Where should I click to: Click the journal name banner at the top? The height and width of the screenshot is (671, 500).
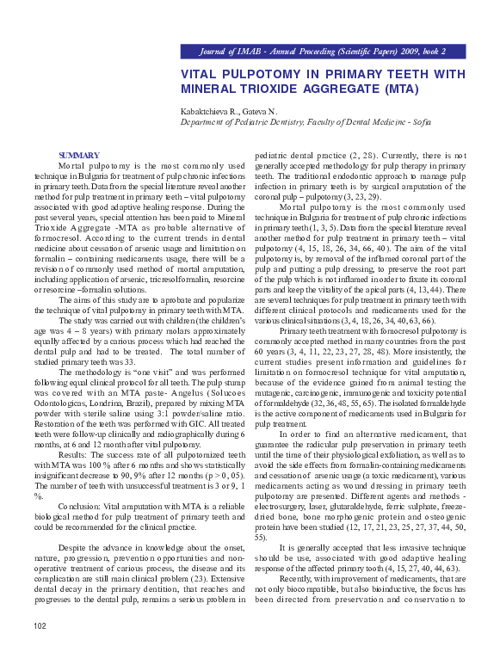click(x=322, y=52)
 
